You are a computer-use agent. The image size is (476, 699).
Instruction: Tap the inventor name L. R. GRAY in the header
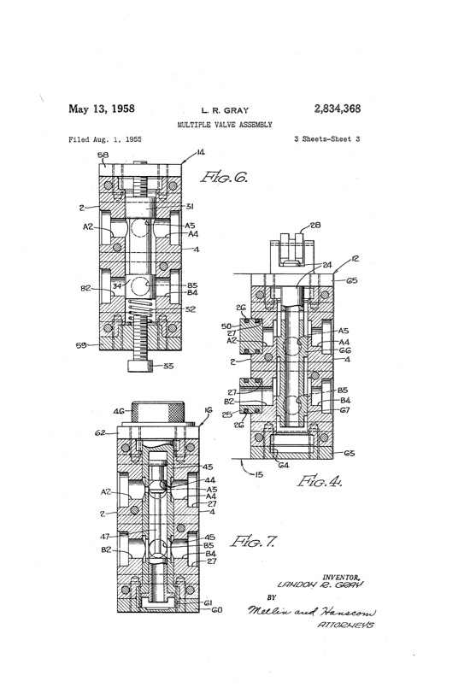click(225, 111)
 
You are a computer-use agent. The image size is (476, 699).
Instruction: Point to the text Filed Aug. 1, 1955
click(104, 138)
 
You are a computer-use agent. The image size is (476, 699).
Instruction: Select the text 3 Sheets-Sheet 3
click(326, 138)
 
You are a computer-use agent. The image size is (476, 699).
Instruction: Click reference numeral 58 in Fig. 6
click(103, 156)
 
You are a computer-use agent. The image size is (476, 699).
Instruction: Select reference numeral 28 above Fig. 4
click(315, 227)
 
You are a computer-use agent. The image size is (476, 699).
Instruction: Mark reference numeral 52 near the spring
click(191, 309)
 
